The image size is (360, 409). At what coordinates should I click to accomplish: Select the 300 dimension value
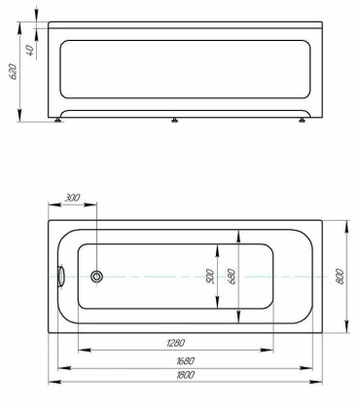[x=71, y=198]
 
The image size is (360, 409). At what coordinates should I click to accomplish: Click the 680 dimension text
[x=232, y=276]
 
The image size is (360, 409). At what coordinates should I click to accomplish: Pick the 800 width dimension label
[x=339, y=277]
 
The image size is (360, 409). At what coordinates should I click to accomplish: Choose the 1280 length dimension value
[x=176, y=342]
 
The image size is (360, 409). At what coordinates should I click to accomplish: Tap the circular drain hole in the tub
[x=96, y=277]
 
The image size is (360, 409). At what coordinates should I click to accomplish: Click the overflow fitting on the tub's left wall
[x=60, y=277]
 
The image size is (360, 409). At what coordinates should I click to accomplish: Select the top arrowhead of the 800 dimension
[x=348, y=222]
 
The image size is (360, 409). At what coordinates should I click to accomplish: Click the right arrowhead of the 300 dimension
[x=93, y=205]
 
